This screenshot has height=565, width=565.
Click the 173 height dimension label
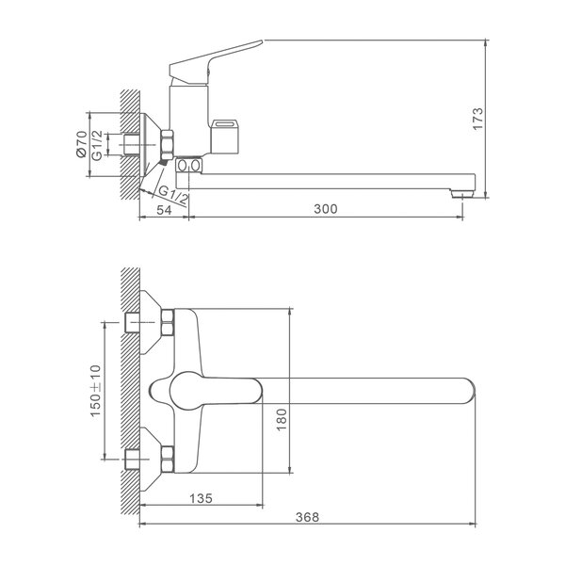click(477, 119)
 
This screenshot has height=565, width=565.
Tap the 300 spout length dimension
click(326, 209)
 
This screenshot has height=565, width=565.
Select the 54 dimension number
click(164, 210)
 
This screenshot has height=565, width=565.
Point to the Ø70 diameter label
click(81, 144)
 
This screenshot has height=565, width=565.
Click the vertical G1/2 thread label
click(97, 145)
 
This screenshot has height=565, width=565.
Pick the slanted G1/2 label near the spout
click(173, 195)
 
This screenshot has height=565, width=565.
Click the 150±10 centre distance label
click(96, 391)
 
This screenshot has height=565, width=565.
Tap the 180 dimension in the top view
click(282, 419)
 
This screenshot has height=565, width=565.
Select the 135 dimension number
click(202, 498)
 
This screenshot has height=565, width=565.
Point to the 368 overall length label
click(307, 517)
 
